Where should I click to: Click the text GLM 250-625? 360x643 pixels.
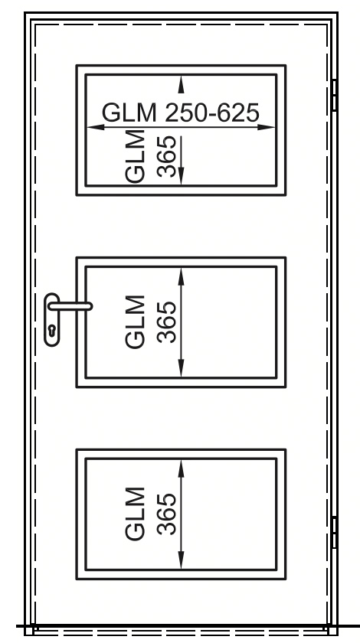point(181,113)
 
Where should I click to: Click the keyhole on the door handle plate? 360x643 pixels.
point(52,331)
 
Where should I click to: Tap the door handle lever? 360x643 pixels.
point(70,306)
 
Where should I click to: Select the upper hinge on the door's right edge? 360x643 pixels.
point(334,95)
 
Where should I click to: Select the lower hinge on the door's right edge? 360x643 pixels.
point(334,532)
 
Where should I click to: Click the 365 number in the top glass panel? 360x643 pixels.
point(167,156)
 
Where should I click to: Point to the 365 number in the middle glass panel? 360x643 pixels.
point(167,322)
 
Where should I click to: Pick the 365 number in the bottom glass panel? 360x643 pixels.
point(167,514)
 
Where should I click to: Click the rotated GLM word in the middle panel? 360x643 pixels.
point(135,322)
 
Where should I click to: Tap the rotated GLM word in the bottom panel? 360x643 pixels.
point(135,514)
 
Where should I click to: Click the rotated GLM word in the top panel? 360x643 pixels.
point(135,156)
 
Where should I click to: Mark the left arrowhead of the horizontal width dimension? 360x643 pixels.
point(96,127)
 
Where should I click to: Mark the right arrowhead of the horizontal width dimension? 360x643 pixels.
point(266,127)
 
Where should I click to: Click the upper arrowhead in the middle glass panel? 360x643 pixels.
point(181,276)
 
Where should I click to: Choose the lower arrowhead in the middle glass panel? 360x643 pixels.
point(181,368)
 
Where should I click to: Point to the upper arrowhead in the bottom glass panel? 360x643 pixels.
point(181,468)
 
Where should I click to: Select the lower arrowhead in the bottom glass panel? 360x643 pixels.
point(181,560)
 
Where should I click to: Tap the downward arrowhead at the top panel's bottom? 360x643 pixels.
point(181,176)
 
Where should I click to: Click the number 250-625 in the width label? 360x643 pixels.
point(212,113)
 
